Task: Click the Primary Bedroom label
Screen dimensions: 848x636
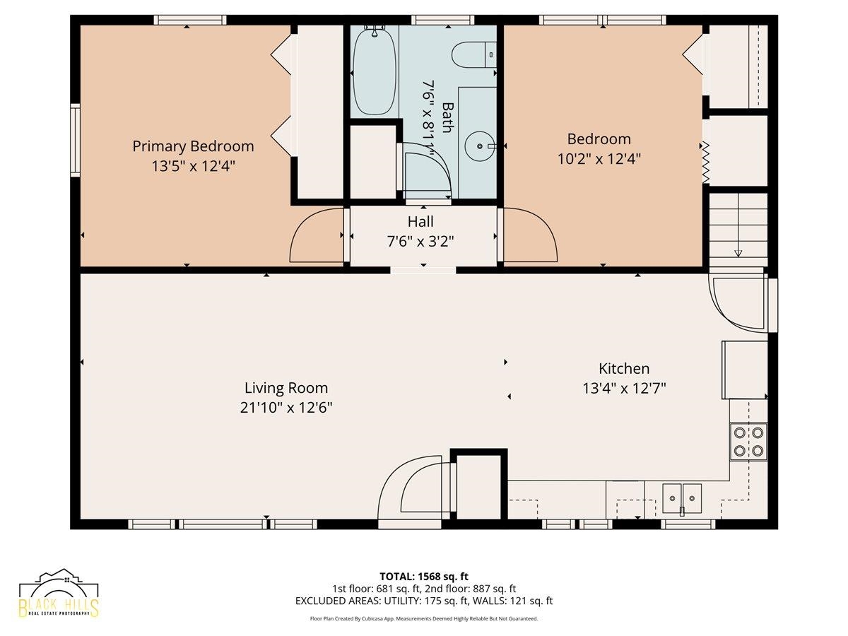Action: click(x=193, y=146)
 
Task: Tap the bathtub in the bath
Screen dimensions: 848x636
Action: click(x=375, y=72)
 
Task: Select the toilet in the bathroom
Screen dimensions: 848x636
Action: click(x=474, y=54)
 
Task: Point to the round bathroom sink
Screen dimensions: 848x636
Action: click(x=479, y=146)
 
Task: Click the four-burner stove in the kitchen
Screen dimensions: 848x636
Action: click(x=748, y=442)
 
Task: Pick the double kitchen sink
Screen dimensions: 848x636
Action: click(x=682, y=498)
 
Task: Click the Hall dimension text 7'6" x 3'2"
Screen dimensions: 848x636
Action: click(x=420, y=242)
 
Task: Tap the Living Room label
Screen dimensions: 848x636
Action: click(x=286, y=388)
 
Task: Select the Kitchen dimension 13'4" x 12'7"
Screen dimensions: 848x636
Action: click(x=624, y=389)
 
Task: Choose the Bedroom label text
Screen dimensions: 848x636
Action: click(x=599, y=139)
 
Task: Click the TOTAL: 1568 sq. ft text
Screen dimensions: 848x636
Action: click(x=424, y=577)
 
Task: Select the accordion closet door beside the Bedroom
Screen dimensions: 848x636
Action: click(x=705, y=163)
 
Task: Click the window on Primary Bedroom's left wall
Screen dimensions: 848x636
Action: click(x=76, y=140)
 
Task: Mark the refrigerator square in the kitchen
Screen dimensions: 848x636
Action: click(x=744, y=370)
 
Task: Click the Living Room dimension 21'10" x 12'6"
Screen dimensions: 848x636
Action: click(x=286, y=408)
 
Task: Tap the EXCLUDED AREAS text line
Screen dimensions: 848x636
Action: click(x=424, y=601)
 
